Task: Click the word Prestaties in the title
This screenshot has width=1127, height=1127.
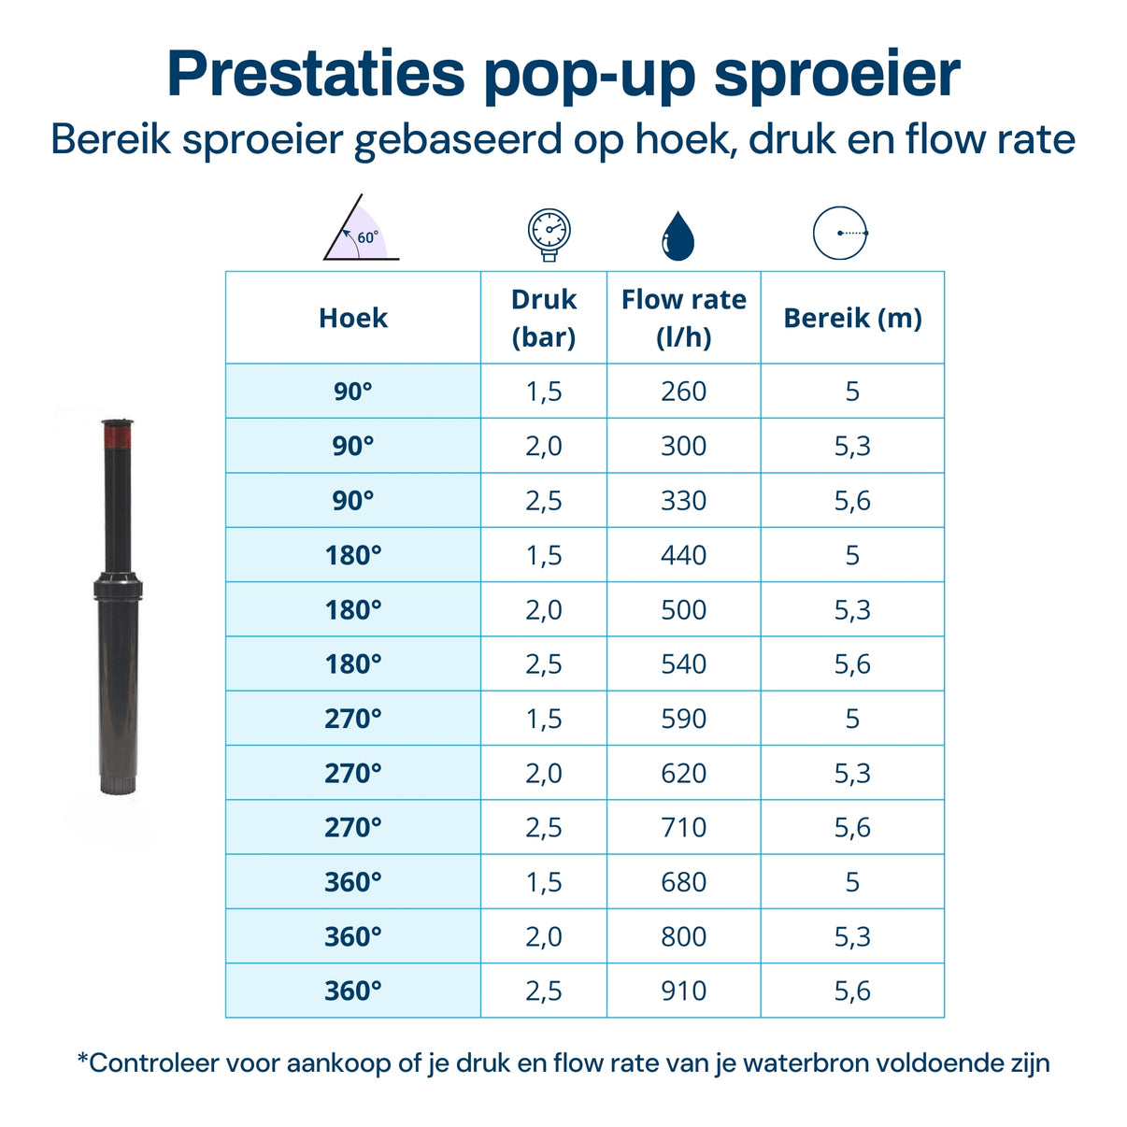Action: point(315,74)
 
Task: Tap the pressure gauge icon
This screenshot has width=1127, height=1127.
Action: point(549,234)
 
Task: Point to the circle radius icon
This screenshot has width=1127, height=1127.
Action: point(840,233)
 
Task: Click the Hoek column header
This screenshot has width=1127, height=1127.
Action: point(353,318)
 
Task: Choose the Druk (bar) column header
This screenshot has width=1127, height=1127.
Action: point(544,318)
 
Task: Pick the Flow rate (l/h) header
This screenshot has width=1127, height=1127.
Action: point(684,318)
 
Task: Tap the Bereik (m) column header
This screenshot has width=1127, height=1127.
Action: point(852,318)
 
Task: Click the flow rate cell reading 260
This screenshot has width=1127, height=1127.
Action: point(684,392)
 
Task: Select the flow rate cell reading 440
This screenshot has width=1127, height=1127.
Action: point(684,555)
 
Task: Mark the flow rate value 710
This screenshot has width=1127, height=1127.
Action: point(684,828)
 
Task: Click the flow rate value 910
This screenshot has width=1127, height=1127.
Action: point(684,991)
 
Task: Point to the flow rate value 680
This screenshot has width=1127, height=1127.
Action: point(684,882)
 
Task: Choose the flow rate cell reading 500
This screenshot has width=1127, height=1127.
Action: point(684,610)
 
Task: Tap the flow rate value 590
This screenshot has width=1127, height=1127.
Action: point(684,719)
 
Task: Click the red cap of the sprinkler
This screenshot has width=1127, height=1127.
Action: point(119,435)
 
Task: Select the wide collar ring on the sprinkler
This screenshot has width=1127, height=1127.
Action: point(118,589)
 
